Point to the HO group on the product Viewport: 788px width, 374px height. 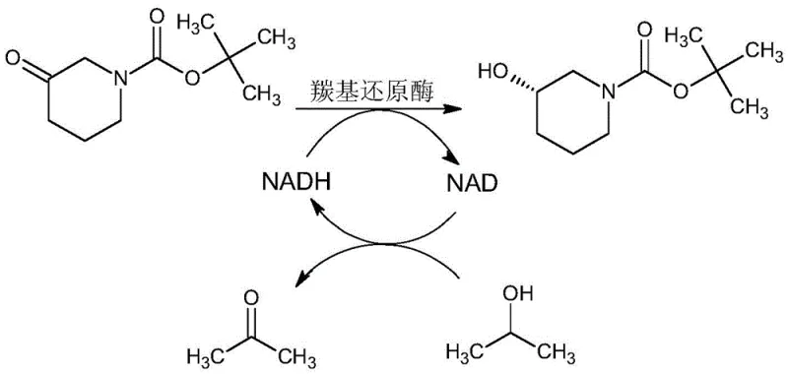tap(492, 72)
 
